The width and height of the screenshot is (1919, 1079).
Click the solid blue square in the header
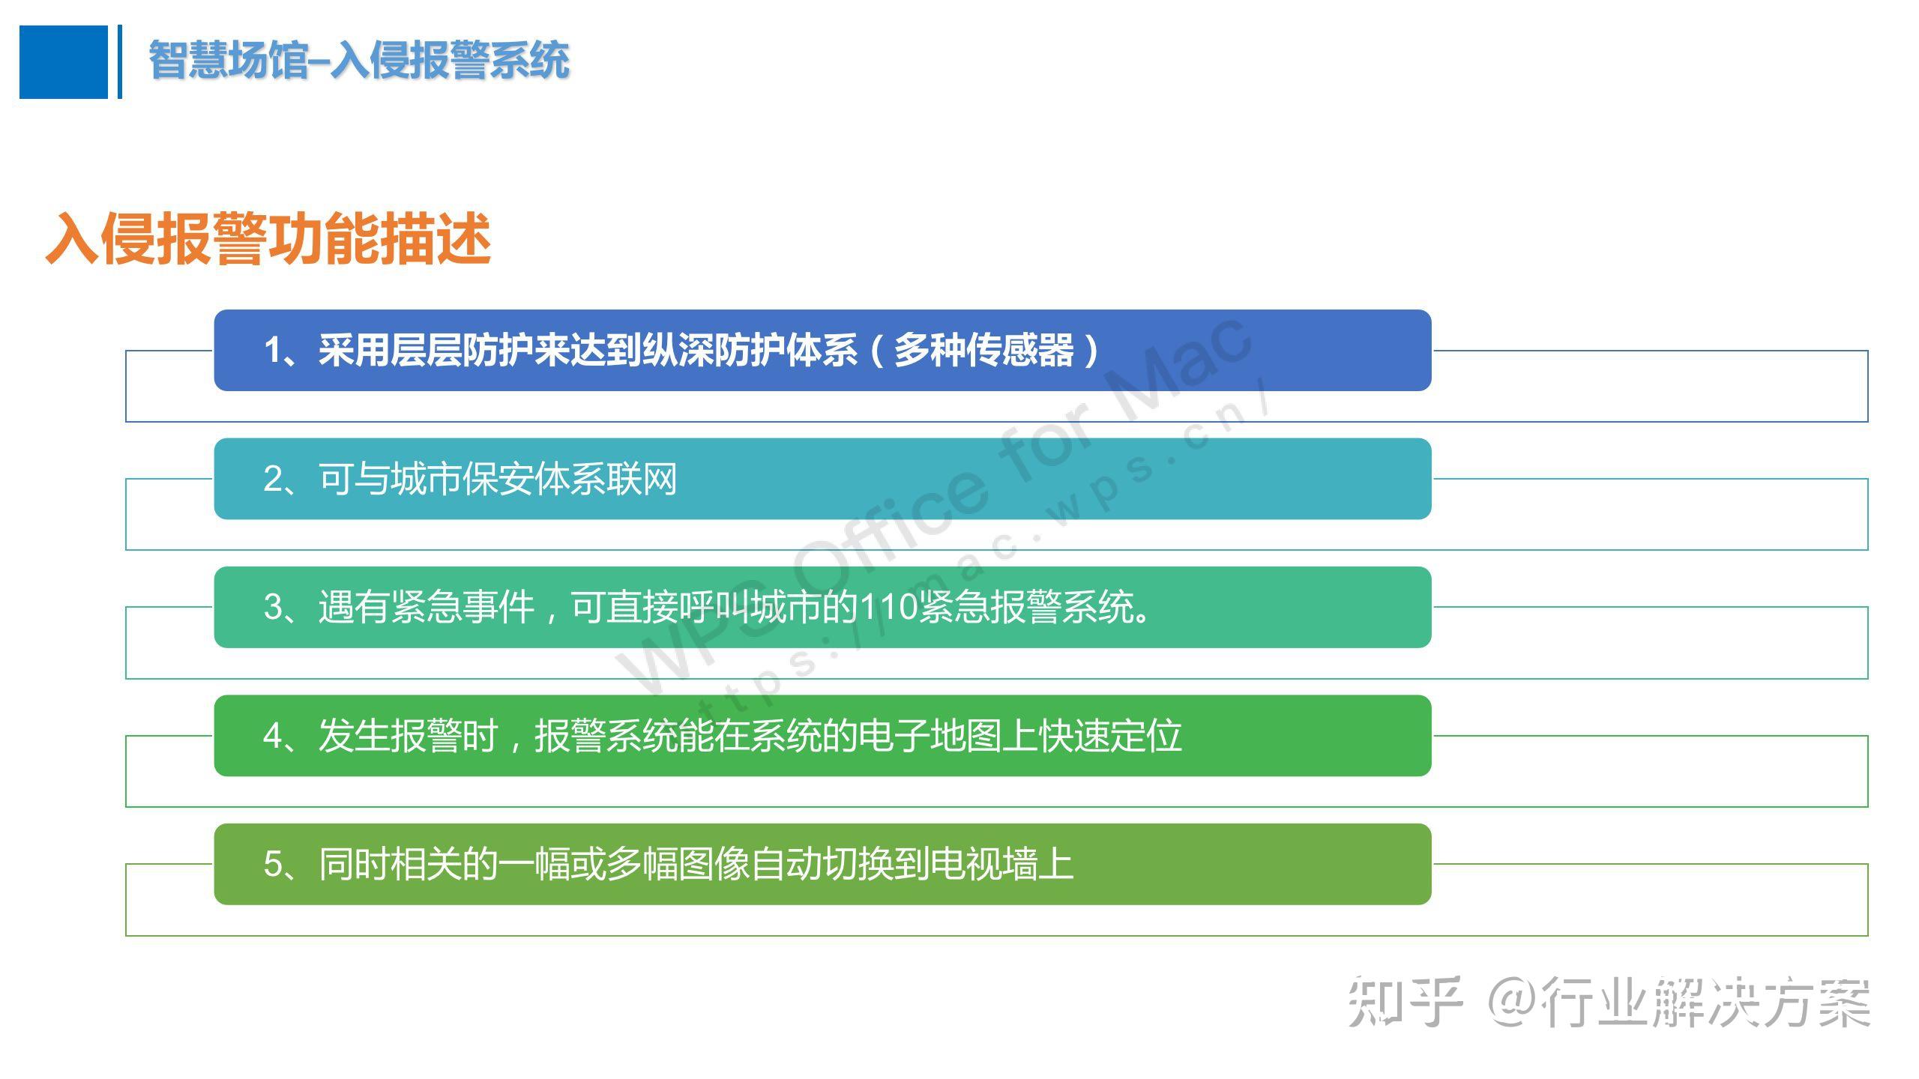(64, 62)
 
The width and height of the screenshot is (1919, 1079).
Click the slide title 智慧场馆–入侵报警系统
(359, 60)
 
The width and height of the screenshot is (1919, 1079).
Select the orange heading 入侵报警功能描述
(268, 238)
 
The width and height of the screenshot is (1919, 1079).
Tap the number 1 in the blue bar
(273, 351)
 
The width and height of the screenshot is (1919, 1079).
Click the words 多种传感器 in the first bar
(984, 350)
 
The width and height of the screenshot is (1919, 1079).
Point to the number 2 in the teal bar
(273, 479)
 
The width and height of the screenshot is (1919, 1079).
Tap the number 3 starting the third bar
(273, 607)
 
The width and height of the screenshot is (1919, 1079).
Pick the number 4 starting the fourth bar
(273, 736)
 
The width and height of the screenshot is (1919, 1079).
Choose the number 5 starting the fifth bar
(273, 864)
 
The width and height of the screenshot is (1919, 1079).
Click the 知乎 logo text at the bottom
(1405, 1002)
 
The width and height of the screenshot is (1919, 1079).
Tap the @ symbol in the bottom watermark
(1513, 1002)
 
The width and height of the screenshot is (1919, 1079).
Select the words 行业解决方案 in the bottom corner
(1706, 1002)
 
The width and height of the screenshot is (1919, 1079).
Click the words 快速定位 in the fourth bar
(1111, 736)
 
